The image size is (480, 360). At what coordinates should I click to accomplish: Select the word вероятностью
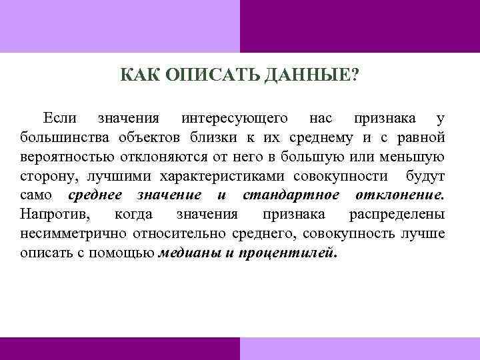point(61,158)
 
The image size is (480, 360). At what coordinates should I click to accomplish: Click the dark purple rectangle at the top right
point(359,25)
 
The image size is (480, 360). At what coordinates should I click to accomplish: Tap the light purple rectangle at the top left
point(119,25)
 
